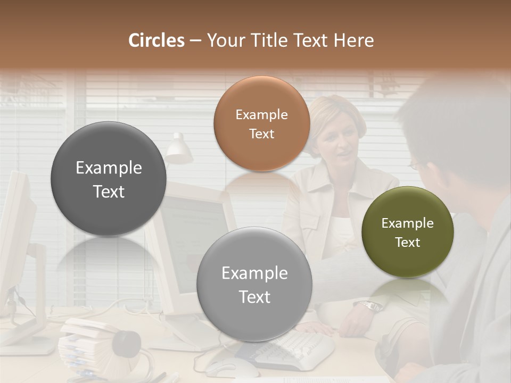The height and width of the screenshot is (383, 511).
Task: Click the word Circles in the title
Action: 156,40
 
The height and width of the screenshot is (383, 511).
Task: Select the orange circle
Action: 261,123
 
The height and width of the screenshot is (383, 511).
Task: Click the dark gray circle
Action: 109,179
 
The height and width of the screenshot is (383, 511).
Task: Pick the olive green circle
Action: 408,232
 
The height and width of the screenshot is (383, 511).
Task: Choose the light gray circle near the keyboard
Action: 254,284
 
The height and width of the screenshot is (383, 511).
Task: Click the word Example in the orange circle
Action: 261,115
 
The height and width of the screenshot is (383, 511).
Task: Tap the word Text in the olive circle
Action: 408,243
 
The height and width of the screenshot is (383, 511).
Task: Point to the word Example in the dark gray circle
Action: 109,168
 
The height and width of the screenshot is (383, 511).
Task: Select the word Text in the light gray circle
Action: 254,297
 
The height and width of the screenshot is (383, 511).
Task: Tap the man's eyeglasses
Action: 414,165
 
